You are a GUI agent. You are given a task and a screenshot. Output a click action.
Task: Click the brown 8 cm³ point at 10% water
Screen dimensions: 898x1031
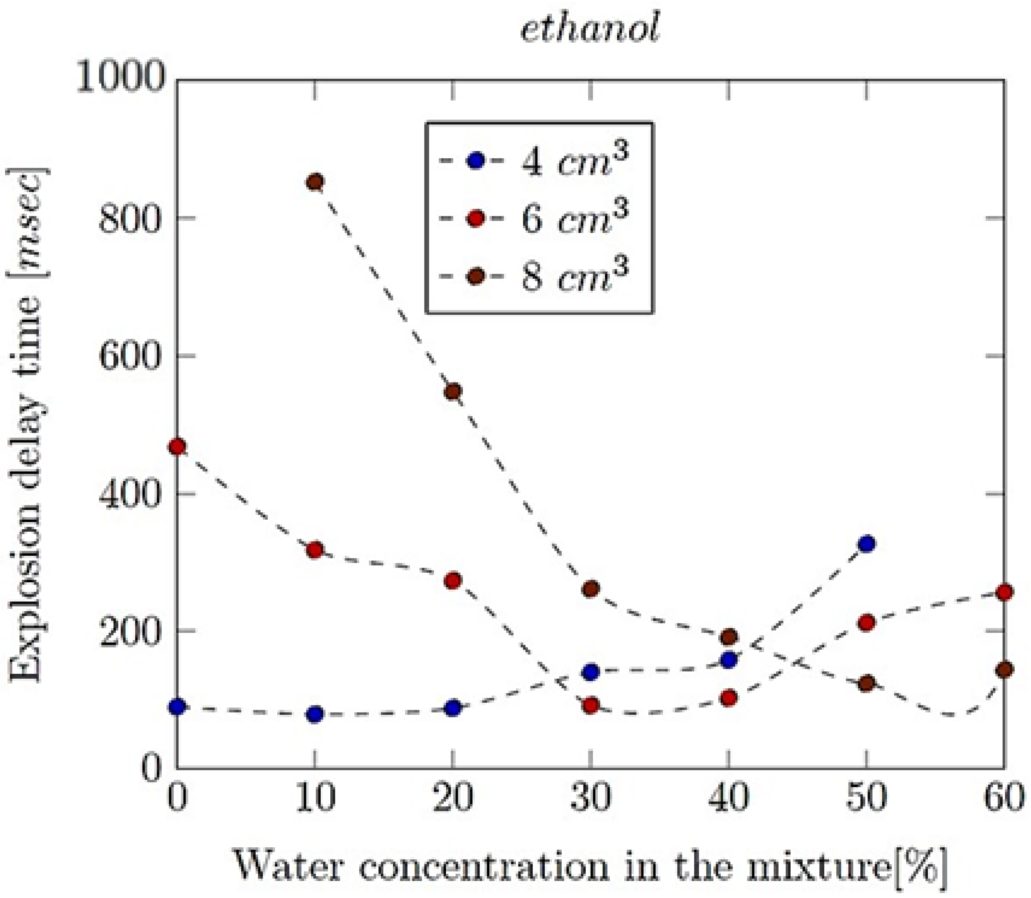[x=315, y=182]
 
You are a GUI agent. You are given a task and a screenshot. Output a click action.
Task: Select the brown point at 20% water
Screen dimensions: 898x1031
[x=453, y=391]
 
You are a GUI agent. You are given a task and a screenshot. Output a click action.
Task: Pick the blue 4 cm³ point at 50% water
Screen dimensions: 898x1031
[x=867, y=544]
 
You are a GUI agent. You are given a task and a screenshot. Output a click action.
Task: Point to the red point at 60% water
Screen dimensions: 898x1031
[x=1004, y=592]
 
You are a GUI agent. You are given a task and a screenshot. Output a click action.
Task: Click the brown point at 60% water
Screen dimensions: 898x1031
[x=1004, y=669]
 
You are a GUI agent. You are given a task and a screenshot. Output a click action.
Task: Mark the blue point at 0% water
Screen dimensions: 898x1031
[x=177, y=707]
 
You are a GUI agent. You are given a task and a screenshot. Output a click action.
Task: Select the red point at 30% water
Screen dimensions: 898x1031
[x=591, y=706]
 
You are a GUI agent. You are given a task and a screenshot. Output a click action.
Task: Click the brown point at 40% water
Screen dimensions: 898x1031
[x=729, y=638]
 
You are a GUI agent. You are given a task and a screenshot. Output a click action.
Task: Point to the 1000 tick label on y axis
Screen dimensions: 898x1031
[x=120, y=80]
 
